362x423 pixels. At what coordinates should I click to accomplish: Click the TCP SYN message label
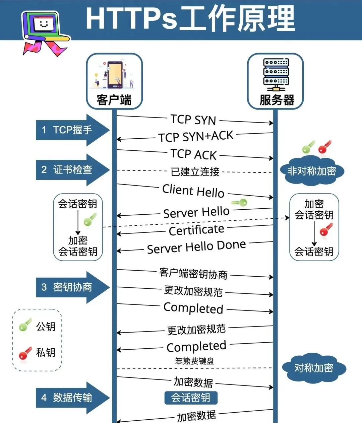[x=193, y=120]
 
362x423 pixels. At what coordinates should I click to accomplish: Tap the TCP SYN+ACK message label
[x=196, y=137]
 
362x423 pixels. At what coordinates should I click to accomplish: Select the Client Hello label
[x=193, y=191]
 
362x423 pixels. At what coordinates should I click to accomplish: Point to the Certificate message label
[x=196, y=230]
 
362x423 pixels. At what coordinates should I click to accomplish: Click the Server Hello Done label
[x=196, y=247]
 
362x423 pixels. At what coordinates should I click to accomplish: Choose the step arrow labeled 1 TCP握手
[x=72, y=130]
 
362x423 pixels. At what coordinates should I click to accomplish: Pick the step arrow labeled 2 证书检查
[x=72, y=170]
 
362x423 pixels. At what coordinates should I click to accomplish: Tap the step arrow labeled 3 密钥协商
[x=72, y=287]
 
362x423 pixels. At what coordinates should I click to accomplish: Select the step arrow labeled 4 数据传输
[x=72, y=398]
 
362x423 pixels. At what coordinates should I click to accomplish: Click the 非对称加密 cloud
[x=311, y=171]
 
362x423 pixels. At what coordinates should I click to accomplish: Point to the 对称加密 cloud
[x=313, y=368]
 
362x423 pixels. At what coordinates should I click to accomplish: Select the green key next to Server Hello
[x=239, y=203]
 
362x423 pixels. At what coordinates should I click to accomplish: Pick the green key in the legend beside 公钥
[x=25, y=325]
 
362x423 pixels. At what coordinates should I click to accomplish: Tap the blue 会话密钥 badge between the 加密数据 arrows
[x=191, y=398]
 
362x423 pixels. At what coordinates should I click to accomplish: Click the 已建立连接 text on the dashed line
[x=195, y=172]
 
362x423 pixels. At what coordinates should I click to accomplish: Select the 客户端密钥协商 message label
[x=193, y=274]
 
